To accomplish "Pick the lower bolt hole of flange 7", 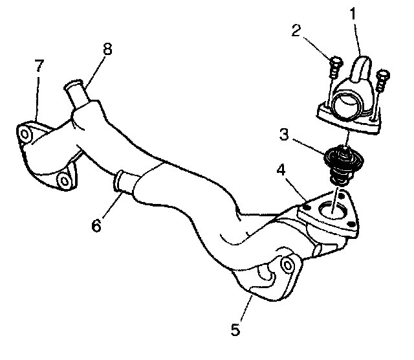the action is click(63, 179).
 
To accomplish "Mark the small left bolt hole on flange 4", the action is click(304, 207).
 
